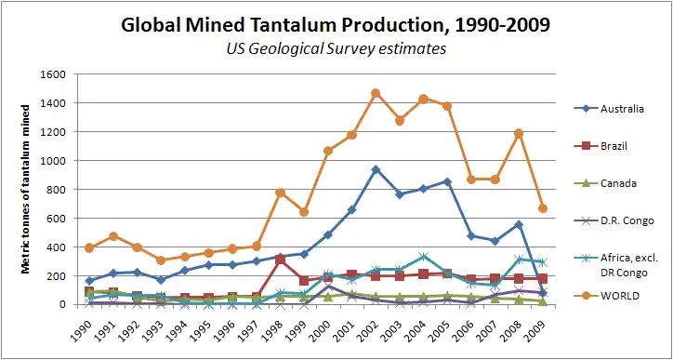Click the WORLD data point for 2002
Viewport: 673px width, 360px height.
point(376,93)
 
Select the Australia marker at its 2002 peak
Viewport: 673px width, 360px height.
point(376,169)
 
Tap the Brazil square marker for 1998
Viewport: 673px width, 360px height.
point(281,260)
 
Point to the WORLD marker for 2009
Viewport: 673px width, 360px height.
point(543,208)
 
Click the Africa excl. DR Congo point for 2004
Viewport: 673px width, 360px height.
point(424,257)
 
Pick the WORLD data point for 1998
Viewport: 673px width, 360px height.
point(281,193)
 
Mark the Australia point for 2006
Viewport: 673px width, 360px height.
point(471,236)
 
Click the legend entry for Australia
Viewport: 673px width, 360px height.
point(609,109)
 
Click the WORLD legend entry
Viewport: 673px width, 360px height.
point(605,296)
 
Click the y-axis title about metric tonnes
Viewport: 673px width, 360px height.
point(25,189)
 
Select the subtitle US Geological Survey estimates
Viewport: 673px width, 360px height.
point(336,49)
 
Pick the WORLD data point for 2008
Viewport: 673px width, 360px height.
point(519,134)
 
